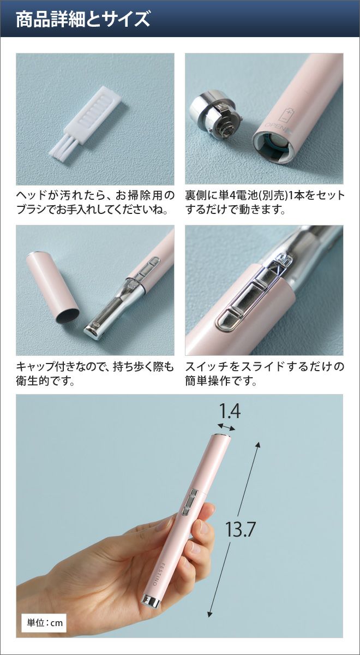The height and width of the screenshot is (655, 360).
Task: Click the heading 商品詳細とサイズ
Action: point(83,20)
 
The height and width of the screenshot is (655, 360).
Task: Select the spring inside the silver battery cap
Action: point(226,128)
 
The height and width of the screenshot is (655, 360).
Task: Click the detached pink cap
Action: point(53,288)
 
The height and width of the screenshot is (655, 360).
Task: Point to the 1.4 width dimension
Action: point(230,411)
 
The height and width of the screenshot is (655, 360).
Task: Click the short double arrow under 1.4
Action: point(226,427)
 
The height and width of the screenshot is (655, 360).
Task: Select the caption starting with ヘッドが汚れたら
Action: point(95,203)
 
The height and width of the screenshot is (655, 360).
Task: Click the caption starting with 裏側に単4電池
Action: point(265,203)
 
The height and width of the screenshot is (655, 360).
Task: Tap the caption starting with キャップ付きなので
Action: point(95,374)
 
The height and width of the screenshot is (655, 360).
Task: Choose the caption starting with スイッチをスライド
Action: point(265,374)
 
